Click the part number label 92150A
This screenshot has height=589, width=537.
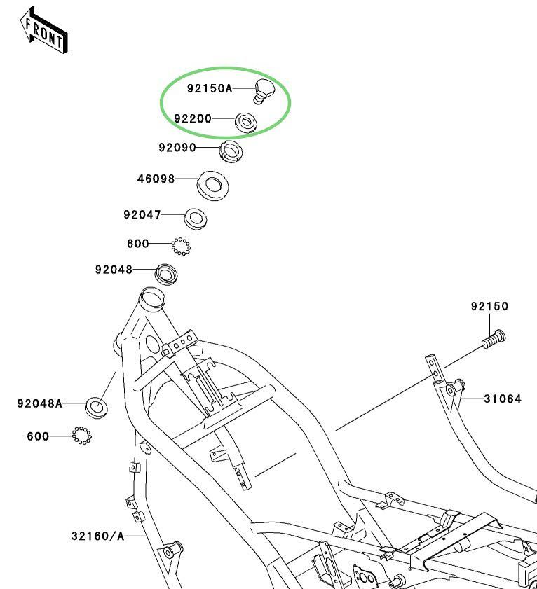(209, 89)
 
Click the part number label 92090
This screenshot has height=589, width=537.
(177, 148)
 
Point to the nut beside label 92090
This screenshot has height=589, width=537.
(231, 151)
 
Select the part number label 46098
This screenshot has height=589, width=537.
(156, 179)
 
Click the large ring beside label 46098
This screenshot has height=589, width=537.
(212, 184)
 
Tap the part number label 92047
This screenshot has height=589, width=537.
(142, 215)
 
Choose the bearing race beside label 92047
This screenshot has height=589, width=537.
(195, 218)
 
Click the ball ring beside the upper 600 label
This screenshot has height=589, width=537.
(181, 246)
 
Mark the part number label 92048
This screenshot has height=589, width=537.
(114, 270)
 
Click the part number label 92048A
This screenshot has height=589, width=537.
(40, 403)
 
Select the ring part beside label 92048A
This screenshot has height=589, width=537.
(96, 406)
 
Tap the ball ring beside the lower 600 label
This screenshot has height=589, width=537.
(82, 436)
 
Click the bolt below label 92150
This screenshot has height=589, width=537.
(494, 339)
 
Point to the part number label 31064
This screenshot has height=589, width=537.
(502, 399)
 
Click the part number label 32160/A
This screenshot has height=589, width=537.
(97, 536)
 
